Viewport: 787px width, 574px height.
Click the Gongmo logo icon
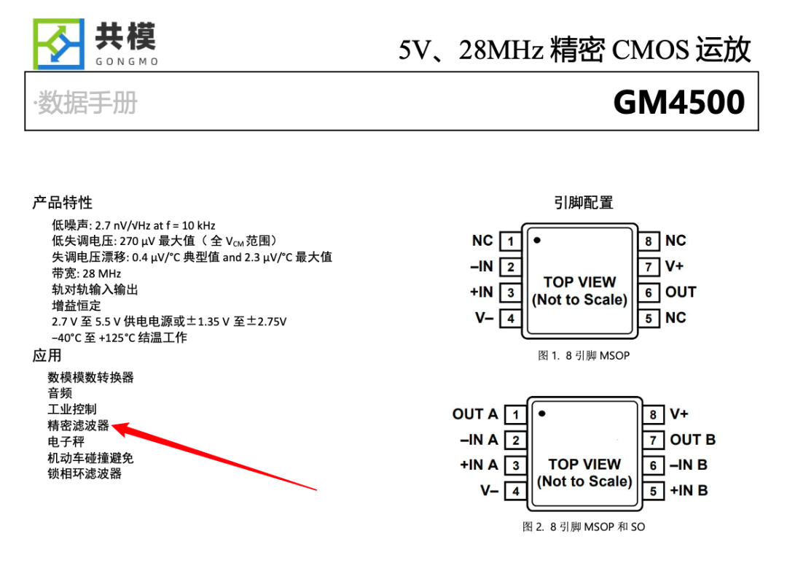click(x=58, y=43)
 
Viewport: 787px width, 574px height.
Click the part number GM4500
click(x=678, y=102)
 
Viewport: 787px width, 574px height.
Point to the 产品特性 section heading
click(x=62, y=202)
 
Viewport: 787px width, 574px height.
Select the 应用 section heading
click(x=47, y=355)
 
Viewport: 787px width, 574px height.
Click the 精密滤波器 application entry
click(x=78, y=425)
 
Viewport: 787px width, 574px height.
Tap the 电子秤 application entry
click(x=66, y=441)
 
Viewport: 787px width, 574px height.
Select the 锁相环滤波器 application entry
click(x=85, y=473)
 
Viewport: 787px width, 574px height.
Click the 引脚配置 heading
click(x=583, y=202)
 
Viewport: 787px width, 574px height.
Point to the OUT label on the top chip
click(x=681, y=292)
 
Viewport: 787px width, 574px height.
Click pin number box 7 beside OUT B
click(x=653, y=440)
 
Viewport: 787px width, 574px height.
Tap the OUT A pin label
click(x=475, y=414)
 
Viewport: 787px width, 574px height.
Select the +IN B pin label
click(x=689, y=490)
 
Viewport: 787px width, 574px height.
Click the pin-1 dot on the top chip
click(x=537, y=239)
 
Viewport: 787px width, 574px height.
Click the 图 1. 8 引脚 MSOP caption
click(x=583, y=356)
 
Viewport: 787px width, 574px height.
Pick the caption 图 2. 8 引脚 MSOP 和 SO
click(x=583, y=527)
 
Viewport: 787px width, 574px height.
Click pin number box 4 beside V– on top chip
click(x=511, y=318)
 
